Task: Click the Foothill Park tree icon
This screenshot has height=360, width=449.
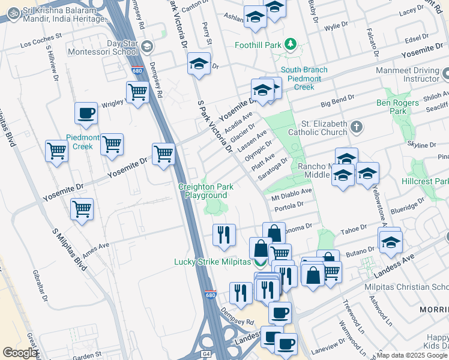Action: pyautogui.click(x=291, y=44)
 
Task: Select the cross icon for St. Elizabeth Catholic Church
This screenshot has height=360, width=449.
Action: pyautogui.click(x=357, y=127)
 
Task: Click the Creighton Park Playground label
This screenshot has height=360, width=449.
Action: pyautogui.click(x=206, y=191)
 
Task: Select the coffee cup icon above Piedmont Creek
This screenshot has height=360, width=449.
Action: pyautogui.click(x=86, y=113)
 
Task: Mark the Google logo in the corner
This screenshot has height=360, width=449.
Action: pyautogui.click(x=20, y=353)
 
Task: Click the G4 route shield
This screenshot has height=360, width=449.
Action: pyautogui.click(x=206, y=355)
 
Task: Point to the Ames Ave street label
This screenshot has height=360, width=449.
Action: pyautogui.click(x=96, y=247)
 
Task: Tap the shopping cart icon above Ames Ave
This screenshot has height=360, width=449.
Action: pyautogui.click(x=82, y=210)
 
